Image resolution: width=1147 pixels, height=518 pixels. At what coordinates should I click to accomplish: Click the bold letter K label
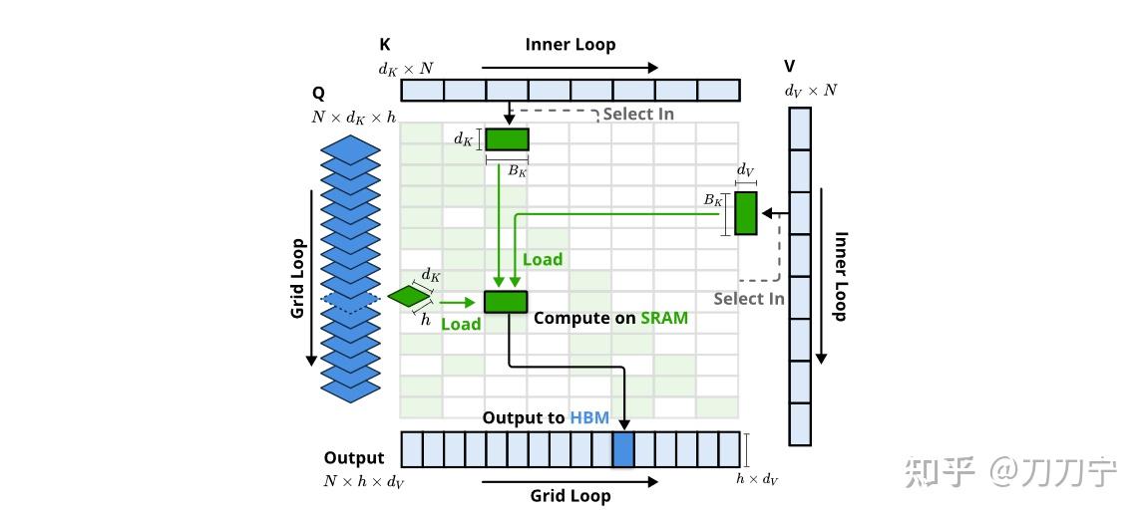coord(385,45)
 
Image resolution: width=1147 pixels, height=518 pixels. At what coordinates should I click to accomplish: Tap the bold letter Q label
coord(318,95)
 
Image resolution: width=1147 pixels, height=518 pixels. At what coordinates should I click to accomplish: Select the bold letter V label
coord(790,67)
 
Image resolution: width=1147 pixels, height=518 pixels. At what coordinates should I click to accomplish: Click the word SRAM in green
coord(664,318)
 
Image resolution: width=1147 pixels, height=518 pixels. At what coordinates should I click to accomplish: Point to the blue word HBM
coord(589,418)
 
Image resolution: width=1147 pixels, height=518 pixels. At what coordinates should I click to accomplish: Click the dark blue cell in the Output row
coord(622,449)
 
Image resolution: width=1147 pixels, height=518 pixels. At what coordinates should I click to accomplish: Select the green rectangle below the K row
coord(507,139)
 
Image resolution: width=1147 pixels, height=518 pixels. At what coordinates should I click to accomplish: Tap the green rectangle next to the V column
coord(745,213)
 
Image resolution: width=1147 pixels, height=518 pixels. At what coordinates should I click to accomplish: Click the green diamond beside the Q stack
coord(410,296)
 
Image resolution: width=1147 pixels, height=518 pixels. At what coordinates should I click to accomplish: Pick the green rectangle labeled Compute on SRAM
coord(506,302)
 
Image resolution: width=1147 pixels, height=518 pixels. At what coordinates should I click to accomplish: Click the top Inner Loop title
coord(571,45)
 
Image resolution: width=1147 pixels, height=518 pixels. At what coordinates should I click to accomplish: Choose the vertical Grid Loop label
coord(297,278)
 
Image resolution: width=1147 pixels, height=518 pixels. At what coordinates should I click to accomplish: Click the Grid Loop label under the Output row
coord(571,496)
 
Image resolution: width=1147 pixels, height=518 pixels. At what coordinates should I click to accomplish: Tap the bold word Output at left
coord(354,458)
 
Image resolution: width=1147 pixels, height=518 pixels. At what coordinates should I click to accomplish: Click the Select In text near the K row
coord(638,114)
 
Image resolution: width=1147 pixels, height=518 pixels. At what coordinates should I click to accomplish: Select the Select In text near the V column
coord(749,299)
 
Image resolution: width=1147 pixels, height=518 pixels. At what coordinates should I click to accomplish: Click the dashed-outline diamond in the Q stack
coord(350,299)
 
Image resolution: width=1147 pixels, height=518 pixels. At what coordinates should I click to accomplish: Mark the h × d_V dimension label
coord(757,479)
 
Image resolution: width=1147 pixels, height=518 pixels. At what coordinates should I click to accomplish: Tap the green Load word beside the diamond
coord(461,325)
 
